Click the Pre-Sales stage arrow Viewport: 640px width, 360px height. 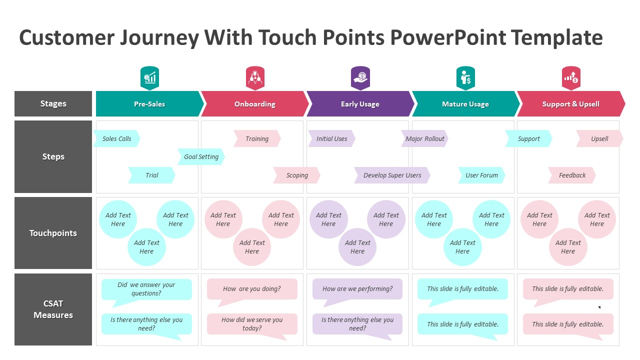[x=149, y=104]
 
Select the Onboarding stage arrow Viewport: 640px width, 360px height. [x=254, y=104]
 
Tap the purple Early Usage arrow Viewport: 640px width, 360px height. [x=360, y=104]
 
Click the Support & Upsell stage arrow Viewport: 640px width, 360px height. [x=570, y=104]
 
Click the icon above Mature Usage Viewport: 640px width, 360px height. [x=465, y=78]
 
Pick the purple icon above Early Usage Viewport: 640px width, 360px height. [x=360, y=78]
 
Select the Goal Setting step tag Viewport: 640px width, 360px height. [x=201, y=156]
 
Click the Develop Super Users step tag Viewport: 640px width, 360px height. [x=392, y=175]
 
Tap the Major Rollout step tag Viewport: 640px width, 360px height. [x=424, y=138]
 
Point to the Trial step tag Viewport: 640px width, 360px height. [x=151, y=175]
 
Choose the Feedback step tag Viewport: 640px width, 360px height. [x=572, y=175]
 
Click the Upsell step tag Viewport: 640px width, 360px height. [x=599, y=138]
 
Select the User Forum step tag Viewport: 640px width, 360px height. [x=481, y=175]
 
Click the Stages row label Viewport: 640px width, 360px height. [x=53, y=103]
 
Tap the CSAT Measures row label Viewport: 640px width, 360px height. [x=53, y=309]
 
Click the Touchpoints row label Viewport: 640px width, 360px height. [x=53, y=233]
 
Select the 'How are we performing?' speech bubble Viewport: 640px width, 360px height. [x=357, y=289]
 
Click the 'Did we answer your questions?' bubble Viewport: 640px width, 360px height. [x=146, y=289]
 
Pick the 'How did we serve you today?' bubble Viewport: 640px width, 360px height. [x=252, y=324]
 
